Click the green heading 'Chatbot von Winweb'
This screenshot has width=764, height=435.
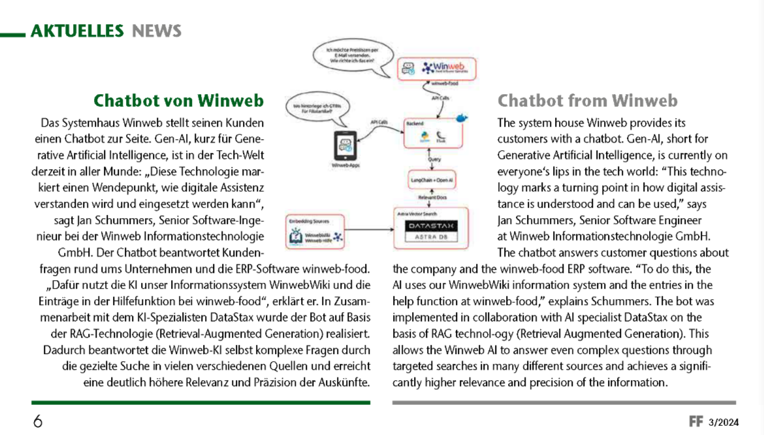pyautogui.click(x=178, y=101)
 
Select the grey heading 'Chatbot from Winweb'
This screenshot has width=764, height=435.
pyautogui.click(x=588, y=101)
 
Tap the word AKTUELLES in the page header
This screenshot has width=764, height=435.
pyautogui.click(x=77, y=30)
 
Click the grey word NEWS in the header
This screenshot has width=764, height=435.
pyautogui.click(x=157, y=30)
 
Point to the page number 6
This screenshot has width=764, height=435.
pyautogui.click(x=38, y=421)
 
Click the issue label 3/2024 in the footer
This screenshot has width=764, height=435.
pyautogui.click(x=724, y=423)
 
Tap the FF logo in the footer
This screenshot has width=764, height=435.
pyautogui.click(x=696, y=422)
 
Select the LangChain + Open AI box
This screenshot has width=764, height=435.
pyautogui.click(x=432, y=178)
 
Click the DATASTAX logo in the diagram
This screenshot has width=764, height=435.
pyautogui.click(x=432, y=226)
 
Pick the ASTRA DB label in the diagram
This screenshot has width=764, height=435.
pyautogui.click(x=432, y=237)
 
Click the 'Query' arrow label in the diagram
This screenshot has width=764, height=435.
pyautogui.click(x=434, y=159)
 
